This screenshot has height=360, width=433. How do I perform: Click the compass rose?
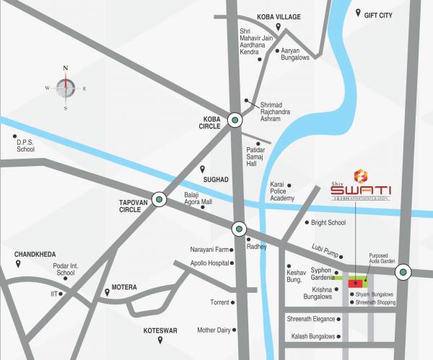66,87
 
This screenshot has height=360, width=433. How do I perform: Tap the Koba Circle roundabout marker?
235,121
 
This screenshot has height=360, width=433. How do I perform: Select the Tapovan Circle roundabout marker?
159,199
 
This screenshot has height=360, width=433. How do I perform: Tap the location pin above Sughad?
203,169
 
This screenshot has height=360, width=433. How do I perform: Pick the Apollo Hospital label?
204,264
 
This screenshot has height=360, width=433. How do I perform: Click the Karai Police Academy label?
281,191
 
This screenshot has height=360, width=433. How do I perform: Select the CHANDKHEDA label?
35,255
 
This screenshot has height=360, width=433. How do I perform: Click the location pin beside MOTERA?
108,291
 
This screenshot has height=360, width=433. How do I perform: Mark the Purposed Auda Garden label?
382,259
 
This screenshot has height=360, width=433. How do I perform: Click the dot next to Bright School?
307,223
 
